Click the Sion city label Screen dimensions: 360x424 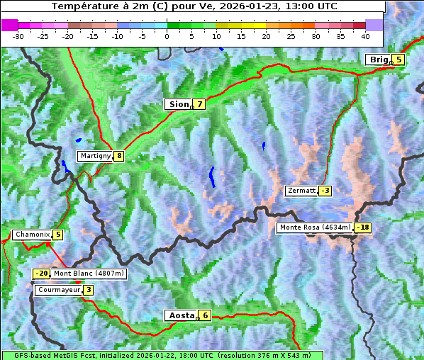point(178,104)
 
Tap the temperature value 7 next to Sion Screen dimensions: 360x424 point(199,104)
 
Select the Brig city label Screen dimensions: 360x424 point(377,60)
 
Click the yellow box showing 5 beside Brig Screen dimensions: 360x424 point(398,60)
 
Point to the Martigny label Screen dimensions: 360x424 point(95,156)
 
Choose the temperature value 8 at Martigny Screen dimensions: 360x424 point(118,156)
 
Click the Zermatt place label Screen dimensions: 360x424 point(301,191)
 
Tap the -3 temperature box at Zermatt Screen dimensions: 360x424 point(325,191)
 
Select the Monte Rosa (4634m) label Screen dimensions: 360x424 point(314,227)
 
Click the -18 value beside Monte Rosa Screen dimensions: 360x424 point(363,227)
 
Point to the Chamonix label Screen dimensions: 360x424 point(31,235)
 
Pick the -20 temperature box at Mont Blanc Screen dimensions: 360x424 point(41,274)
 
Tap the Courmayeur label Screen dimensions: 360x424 point(58,290)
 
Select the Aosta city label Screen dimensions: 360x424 point(180,315)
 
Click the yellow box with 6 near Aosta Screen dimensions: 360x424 point(205,315)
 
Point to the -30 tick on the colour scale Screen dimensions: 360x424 point(18,35)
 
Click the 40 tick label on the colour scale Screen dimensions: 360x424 point(365,35)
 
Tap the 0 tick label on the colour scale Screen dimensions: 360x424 point(167,35)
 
